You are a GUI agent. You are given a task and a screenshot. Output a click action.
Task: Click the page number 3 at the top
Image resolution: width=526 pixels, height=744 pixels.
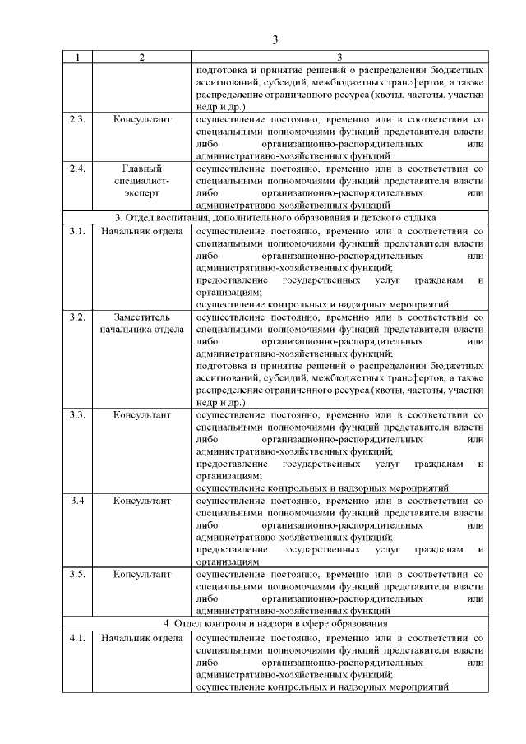tap(275, 38)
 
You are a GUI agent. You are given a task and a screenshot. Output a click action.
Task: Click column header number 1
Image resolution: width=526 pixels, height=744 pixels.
tap(77, 57)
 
